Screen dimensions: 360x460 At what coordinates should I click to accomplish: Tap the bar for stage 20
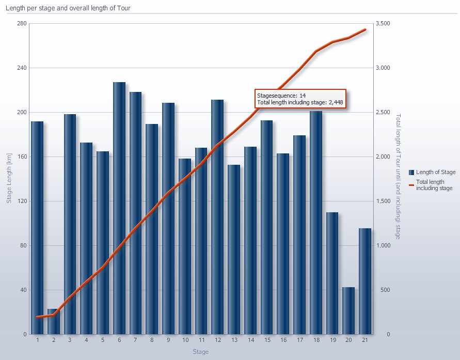[x=348, y=310]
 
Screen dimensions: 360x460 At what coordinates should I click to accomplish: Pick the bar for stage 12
[x=217, y=217]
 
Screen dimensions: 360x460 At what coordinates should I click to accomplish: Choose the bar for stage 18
[x=316, y=222]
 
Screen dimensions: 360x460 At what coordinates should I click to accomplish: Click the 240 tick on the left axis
[x=21, y=68]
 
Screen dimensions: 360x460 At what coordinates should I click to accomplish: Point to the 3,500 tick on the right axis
[x=383, y=24]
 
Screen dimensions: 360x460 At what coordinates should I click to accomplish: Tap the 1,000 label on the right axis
[x=383, y=245]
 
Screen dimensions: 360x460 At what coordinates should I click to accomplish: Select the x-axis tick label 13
[x=234, y=340]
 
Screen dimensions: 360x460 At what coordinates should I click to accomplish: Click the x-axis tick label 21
[x=365, y=340]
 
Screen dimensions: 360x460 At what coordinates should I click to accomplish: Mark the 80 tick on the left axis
[x=22, y=245]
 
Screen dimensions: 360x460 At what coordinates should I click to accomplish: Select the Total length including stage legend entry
[x=437, y=185]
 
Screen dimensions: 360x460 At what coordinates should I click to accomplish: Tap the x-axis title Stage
[x=200, y=352]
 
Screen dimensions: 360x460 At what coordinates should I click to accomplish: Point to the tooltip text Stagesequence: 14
[x=281, y=96]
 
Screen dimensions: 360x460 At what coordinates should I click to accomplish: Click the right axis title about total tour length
[x=398, y=176]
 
